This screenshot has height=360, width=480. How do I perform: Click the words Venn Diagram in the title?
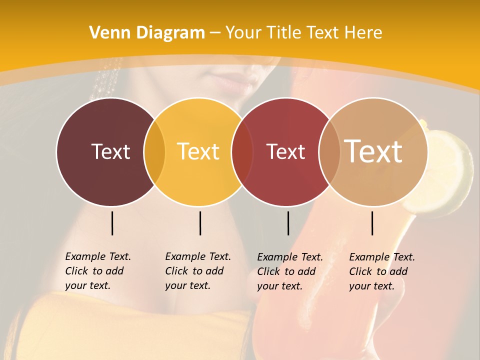pos(147,33)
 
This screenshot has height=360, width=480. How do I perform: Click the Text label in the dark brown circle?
pos(110,151)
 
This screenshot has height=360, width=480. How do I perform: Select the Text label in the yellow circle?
pos(198,151)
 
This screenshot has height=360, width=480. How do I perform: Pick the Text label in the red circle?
pos(285,151)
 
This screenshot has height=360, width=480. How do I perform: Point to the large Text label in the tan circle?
pos(373,151)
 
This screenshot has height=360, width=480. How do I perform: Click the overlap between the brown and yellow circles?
pos(154,152)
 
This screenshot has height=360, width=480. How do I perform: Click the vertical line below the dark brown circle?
pos(112,223)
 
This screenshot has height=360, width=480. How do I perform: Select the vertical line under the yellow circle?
pos(200,223)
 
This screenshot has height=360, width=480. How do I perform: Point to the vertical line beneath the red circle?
pos(288,223)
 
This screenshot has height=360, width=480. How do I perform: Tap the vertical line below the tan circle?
pos(372,223)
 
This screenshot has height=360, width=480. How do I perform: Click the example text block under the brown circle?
pos(97,271)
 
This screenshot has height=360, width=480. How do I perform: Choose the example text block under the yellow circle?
pos(197,271)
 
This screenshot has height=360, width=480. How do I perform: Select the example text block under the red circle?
pos(289,271)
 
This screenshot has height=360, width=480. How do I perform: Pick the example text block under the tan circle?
pos(381,271)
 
